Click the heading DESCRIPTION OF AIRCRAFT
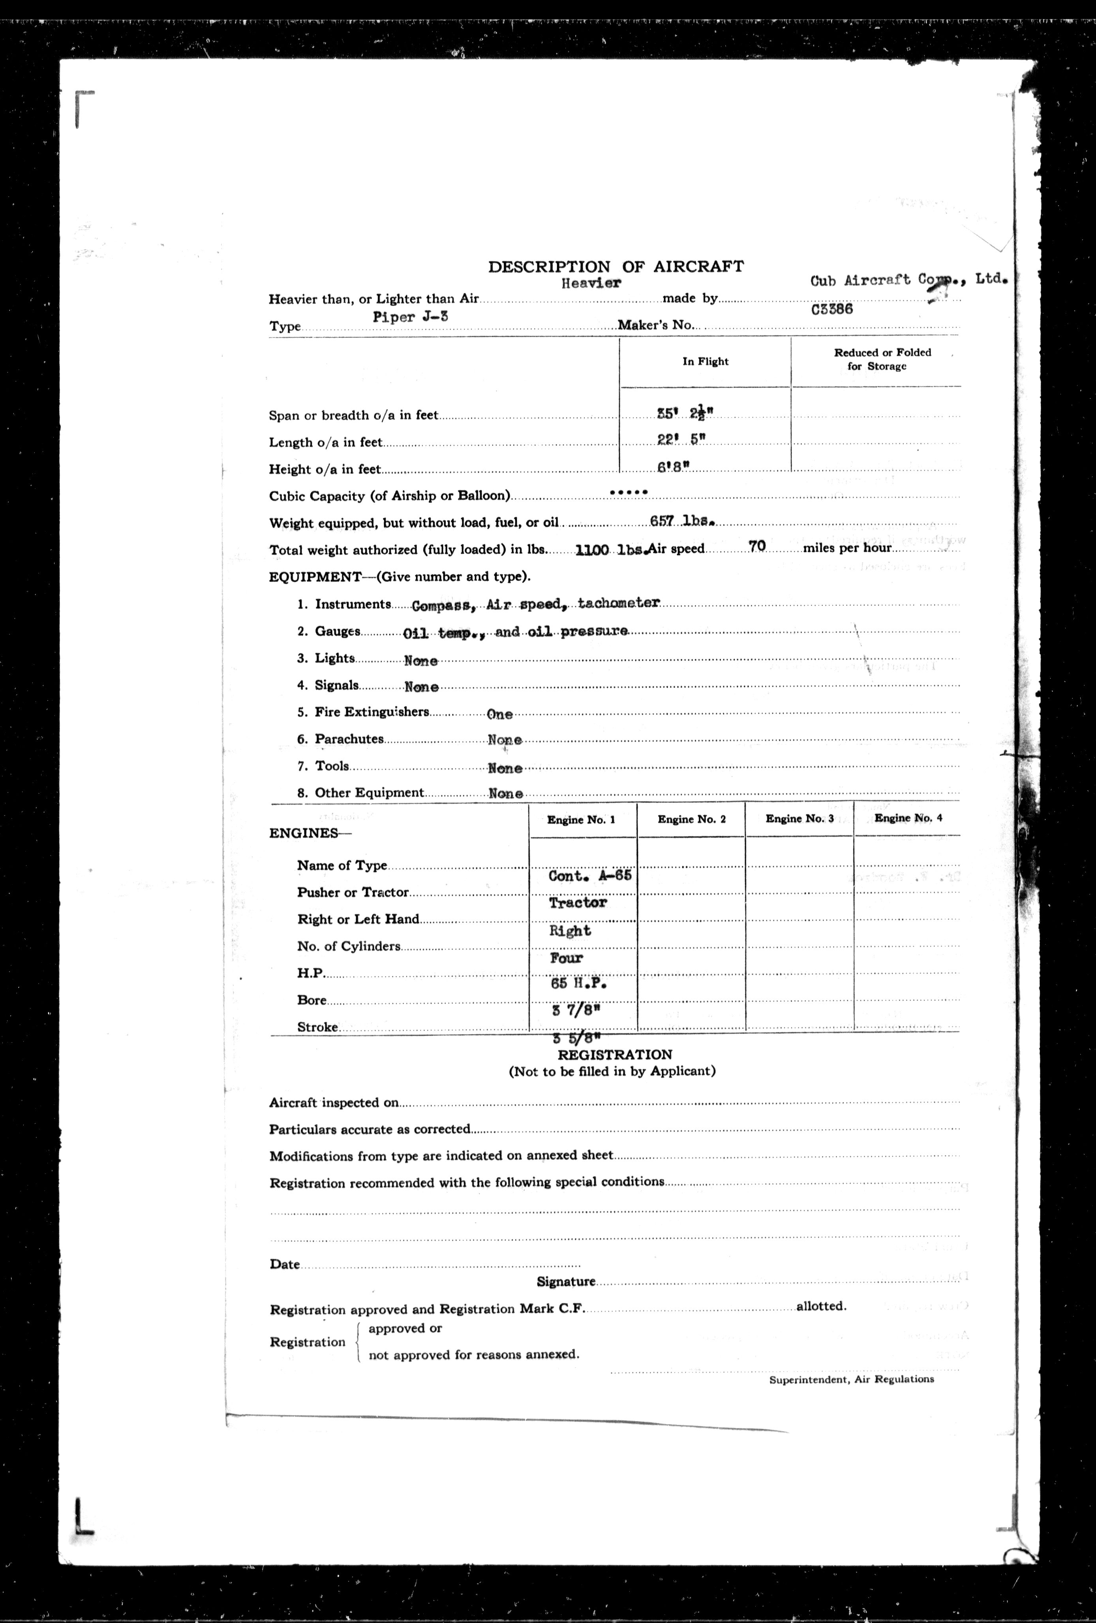[616, 266]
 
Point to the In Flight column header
[705, 361]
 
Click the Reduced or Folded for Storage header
[882, 359]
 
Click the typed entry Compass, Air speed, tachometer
[535, 604]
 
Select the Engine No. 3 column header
[799, 819]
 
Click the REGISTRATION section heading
[615, 1055]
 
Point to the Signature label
[566, 1282]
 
